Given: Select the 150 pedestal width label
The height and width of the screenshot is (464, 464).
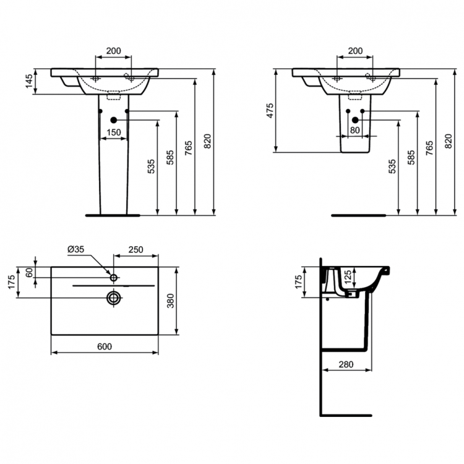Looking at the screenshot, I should coord(113,132).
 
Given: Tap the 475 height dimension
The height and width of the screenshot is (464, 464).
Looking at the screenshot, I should coord(270,110).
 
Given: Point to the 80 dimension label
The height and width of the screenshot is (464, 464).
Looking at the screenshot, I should coord(355,130).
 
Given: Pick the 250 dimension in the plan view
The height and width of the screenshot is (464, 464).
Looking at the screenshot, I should coord(135,249).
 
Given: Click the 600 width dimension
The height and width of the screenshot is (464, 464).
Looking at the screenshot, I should coord(105,346).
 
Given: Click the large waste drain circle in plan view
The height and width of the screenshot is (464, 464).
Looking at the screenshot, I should coord(113,298).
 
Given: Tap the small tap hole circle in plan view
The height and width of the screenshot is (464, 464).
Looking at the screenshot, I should coord(114,275).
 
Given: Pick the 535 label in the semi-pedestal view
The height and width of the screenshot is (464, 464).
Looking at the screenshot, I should coord(391,167).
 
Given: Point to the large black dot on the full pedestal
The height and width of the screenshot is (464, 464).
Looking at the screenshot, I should coord(113,119).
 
